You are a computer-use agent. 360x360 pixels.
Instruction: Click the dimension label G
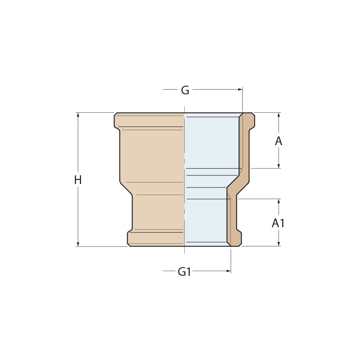(x=185, y=90)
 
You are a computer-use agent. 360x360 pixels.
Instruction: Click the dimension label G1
(x=184, y=272)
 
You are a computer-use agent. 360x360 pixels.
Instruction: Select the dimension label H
(x=78, y=180)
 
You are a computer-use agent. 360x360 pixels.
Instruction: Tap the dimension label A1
(x=278, y=223)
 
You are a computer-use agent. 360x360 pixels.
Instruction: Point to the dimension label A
(x=279, y=141)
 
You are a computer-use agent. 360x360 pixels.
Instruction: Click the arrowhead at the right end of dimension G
(x=240, y=89)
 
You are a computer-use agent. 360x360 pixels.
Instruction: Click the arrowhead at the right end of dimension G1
(x=229, y=271)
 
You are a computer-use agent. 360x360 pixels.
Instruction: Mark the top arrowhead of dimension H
(x=78, y=115)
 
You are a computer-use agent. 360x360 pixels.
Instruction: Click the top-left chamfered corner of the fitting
(x=116, y=114)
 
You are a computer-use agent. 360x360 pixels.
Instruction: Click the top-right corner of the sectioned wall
(x=253, y=114)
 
